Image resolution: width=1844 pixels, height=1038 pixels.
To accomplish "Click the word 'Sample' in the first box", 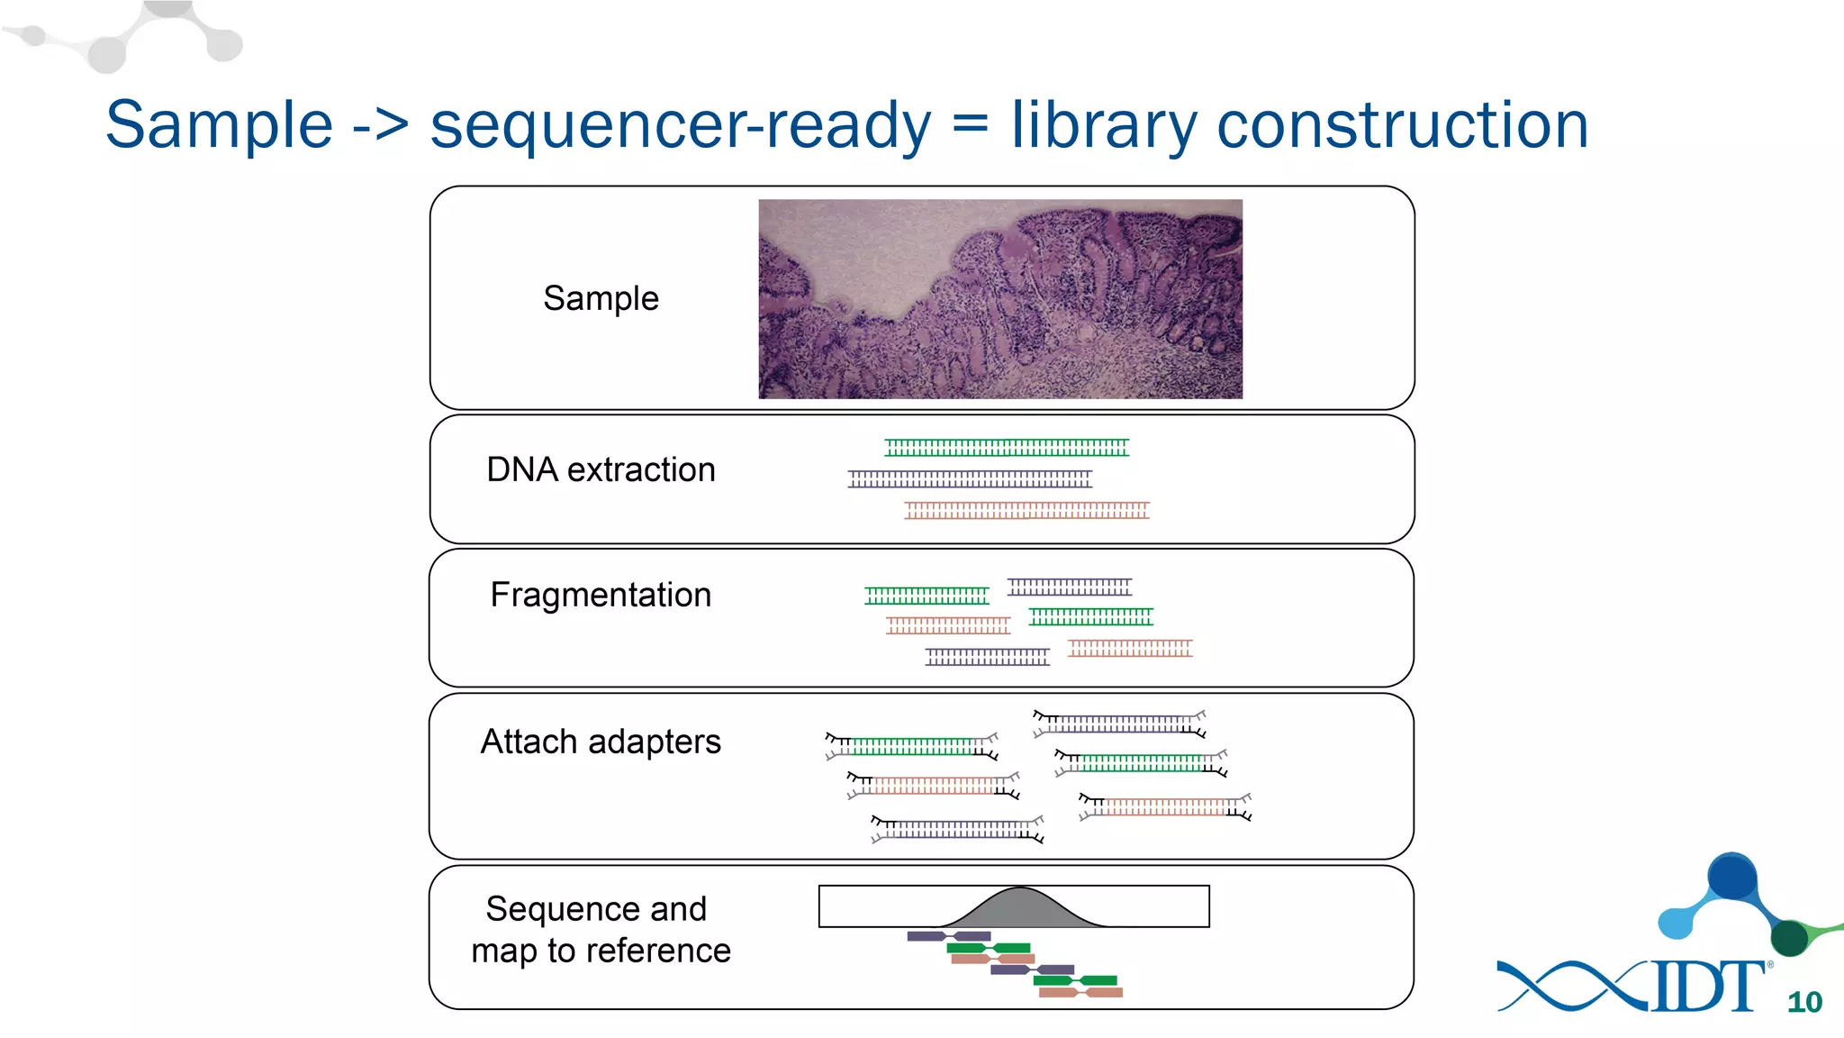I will pos(601,298).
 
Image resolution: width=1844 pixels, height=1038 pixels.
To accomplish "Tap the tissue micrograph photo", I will pos(999,298).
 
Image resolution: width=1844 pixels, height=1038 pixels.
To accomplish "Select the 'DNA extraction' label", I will pos(601,469).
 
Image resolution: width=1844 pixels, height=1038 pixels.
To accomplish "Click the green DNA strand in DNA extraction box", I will pos(1006,447).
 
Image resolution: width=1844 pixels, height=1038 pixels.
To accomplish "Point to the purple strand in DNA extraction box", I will pos(970,478).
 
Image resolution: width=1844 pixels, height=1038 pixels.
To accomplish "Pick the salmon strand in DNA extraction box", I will pos(1026,511).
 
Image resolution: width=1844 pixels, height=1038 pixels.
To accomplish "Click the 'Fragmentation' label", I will pos(601,595).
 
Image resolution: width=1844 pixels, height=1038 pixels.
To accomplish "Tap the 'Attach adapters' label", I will pos(601,742).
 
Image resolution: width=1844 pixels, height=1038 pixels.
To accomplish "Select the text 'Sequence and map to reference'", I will pos(601,929).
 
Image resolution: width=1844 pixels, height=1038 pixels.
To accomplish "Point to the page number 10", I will pos(1804,1002).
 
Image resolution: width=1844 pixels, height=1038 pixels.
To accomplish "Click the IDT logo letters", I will pos(1706,988).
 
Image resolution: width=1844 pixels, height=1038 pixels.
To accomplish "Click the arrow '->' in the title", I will pos(381,126).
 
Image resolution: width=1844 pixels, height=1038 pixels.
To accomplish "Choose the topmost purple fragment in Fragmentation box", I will pos(1069,587).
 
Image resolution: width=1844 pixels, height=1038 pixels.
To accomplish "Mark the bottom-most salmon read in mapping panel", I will pos(1080,992).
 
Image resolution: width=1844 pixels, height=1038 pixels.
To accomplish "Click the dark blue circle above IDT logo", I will pos(1732,877).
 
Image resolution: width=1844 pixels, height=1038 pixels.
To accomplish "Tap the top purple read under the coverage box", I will pos(948,936).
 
